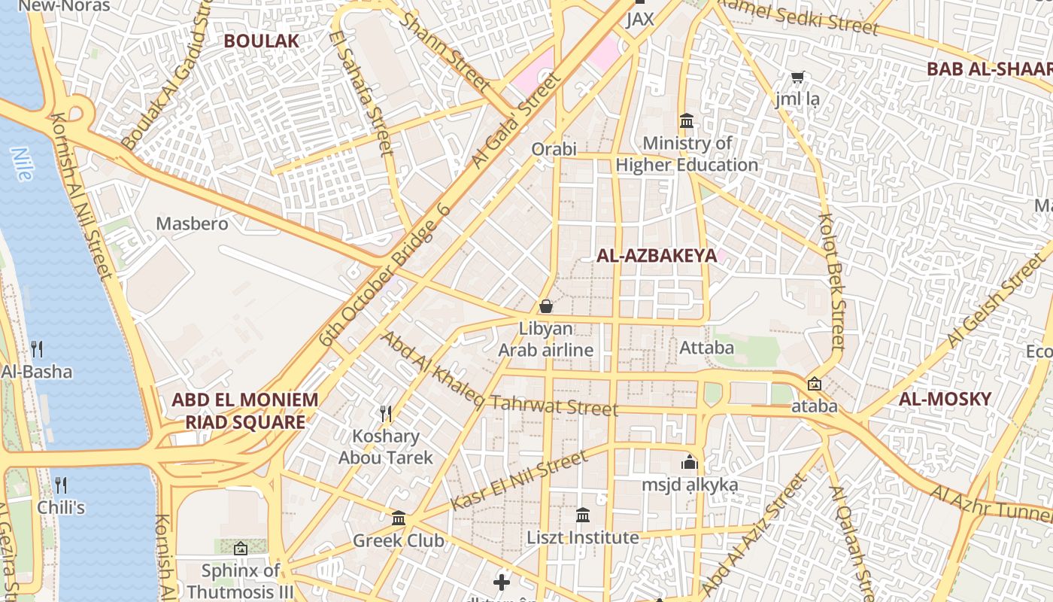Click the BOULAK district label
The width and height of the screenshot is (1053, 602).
click(261, 41)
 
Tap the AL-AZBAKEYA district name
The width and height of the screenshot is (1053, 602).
click(657, 256)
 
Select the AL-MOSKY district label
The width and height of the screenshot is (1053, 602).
click(945, 399)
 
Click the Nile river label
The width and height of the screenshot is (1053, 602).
click(22, 164)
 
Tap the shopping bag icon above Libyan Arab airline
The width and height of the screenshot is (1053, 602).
click(546, 306)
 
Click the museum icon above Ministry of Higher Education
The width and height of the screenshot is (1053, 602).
click(686, 121)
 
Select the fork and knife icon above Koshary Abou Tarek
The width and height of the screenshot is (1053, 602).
click(386, 414)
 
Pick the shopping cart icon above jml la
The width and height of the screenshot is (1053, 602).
click(797, 77)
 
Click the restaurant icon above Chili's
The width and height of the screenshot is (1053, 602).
click(61, 485)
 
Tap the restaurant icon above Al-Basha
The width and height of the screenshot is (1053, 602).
click(37, 349)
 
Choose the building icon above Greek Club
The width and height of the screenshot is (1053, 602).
click(399, 518)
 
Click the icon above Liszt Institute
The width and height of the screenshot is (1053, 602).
click(583, 515)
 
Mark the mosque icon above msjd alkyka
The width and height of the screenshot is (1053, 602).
click(689, 462)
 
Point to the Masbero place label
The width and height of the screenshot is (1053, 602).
click(192, 223)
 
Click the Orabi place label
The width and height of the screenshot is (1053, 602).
click(554, 148)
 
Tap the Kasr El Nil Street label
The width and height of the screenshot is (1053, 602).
click(518, 482)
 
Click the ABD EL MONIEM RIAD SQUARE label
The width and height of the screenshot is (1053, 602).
click(245, 411)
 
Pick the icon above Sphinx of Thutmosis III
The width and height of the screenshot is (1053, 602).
click(241, 549)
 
